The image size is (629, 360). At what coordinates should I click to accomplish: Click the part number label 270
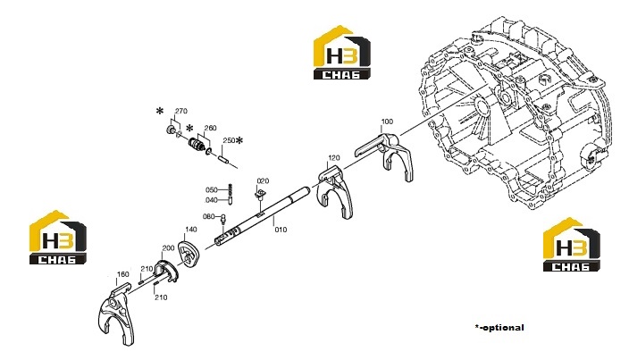(180, 111)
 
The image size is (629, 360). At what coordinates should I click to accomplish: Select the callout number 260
(210, 128)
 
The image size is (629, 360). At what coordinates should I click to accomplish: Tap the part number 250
(229, 140)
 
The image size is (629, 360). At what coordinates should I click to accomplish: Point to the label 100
(387, 121)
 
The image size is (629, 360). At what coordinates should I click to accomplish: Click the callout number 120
(334, 158)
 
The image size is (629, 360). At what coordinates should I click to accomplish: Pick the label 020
(263, 180)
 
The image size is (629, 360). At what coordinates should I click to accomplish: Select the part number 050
(212, 190)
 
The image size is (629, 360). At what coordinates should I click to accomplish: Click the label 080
(209, 216)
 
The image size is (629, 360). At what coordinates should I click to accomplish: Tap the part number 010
(281, 230)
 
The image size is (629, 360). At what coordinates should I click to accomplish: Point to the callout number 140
(191, 230)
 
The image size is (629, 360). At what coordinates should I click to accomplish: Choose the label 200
(168, 248)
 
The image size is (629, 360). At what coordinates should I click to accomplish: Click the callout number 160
(122, 274)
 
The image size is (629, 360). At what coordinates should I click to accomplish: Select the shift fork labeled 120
(334, 188)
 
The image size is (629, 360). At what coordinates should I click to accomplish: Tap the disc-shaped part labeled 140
(189, 255)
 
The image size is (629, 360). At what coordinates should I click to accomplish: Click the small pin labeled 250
(224, 158)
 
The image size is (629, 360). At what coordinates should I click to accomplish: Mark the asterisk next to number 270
(160, 111)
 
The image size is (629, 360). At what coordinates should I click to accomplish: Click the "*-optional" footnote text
(499, 328)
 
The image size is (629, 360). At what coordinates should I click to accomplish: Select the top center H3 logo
(342, 53)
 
